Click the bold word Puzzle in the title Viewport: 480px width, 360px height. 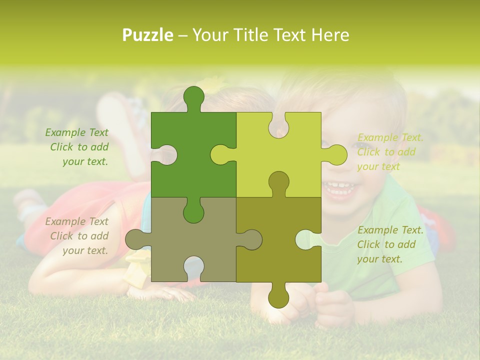pos(148,35)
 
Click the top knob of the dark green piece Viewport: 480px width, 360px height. pos(193,97)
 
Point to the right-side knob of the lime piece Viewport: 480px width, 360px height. pos(336,154)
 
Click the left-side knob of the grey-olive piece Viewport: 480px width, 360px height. pos(136,239)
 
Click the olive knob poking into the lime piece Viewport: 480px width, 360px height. pos(278,182)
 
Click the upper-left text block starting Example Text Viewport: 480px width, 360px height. pos(77,147)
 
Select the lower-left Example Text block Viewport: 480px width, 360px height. pos(77,236)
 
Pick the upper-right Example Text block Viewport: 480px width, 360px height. pos(390,152)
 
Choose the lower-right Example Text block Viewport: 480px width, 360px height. pos(390,244)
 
